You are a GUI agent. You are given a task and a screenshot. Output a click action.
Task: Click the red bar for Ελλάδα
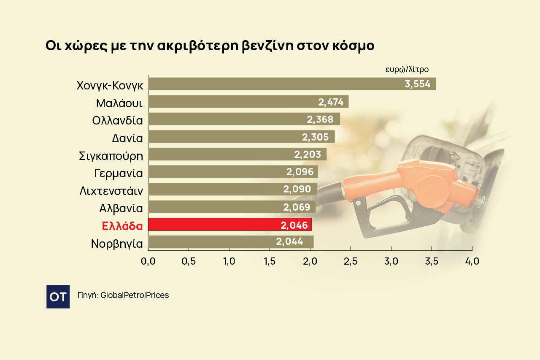click(x=230, y=225)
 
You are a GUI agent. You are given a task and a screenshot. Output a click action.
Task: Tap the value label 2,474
click(x=331, y=102)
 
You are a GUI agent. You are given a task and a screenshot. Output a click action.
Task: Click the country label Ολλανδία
click(x=117, y=120)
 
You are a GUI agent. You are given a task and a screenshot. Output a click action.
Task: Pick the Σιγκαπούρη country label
click(x=111, y=156)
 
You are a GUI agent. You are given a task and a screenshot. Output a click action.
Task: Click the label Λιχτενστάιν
click(x=111, y=191)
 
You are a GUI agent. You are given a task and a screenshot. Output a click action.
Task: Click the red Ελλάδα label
click(x=122, y=226)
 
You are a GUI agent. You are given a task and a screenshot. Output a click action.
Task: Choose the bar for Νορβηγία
click(x=231, y=242)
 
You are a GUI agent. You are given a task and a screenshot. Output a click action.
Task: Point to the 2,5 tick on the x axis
click(x=351, y=261)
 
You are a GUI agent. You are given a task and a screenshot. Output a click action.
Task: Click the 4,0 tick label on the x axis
click(x=472, y=261)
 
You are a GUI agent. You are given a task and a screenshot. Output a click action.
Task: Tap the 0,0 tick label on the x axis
click(x=148, y=261)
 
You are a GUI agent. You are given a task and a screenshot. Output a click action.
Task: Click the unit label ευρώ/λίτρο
click(x=407, y=70)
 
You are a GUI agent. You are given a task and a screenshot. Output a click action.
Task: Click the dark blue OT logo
click(x=58, y=297)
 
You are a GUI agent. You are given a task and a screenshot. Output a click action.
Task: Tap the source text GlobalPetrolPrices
click(x=135, y=295)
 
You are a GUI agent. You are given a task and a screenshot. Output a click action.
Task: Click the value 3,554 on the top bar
click(x=417, y=84)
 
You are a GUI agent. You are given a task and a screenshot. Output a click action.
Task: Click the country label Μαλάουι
click(x=119, y=103)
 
